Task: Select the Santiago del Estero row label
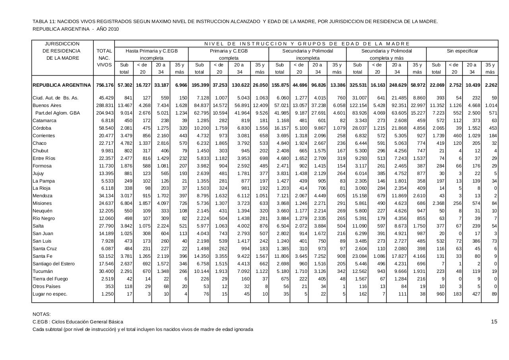click(x=53, y=264)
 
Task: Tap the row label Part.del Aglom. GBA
click(x=57, y=113)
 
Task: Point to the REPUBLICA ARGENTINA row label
click(x=62, y=85)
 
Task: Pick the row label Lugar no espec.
click(x=50, y=294)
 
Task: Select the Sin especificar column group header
click(x=462, y=51)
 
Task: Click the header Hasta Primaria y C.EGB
click(x=152, y=51)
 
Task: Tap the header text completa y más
click(x=387, y=58)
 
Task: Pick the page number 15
click(x=494, y=322)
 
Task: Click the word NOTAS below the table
click(x=41, y=314)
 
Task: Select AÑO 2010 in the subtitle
click(x=107, y=29)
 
